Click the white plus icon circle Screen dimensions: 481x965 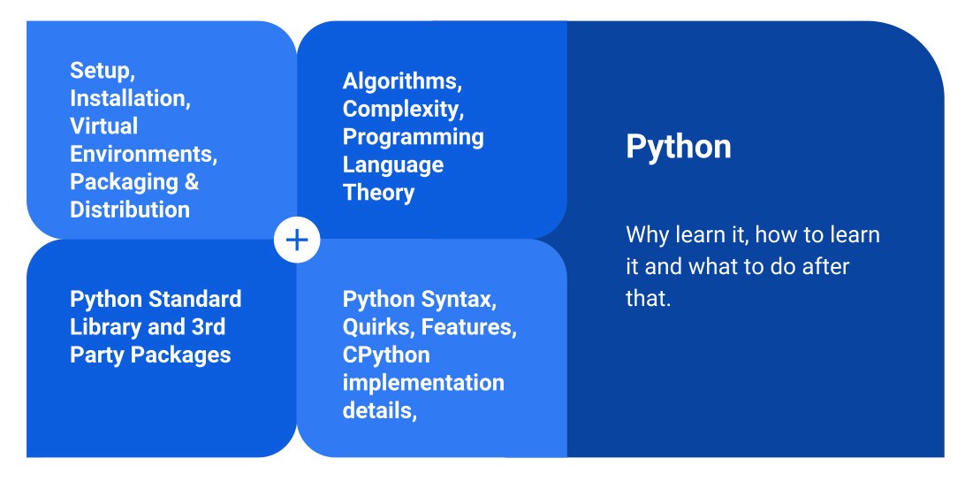[x=297, y=240]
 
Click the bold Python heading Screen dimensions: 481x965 [x=679, y=147]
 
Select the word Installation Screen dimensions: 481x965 [x=129, y=98]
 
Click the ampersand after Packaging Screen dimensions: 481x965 [x=192, y=182]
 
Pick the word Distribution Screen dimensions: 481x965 [x=130, y=210]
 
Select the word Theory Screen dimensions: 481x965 [x=378, y=193]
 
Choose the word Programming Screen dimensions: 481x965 [x=413, y=137]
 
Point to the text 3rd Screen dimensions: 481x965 [x=209, y=327]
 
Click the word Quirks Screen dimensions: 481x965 [x=378, y=327]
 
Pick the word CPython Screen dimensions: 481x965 [x=386, y=355]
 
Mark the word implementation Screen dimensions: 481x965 [x=423, y=383]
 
